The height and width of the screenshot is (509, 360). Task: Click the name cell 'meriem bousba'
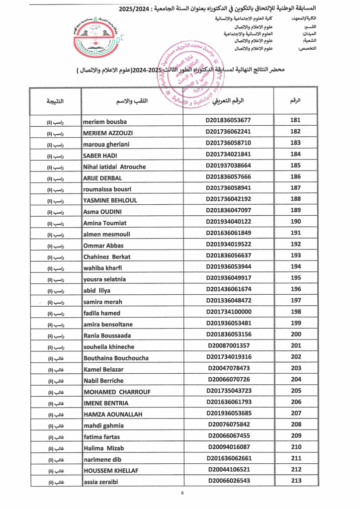[105, 121]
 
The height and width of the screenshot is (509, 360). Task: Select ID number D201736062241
[228, 132]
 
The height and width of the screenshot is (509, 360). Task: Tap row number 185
[295, 165]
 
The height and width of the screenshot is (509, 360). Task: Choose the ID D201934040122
[228, 221]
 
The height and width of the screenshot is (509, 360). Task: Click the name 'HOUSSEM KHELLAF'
[111, 470]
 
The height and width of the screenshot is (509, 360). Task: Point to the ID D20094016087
[228, 446]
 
